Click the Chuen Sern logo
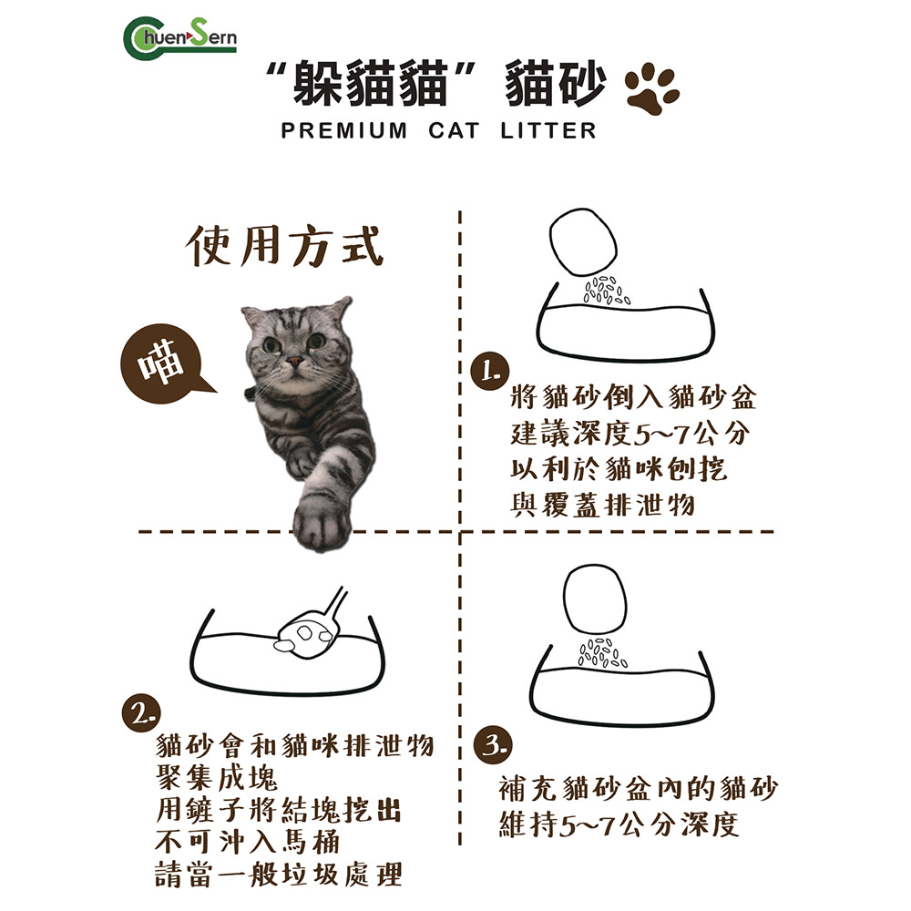179,37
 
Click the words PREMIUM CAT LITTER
439,131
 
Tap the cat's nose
293,363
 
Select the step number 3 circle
492,744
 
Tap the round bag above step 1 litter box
586,242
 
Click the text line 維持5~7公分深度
619,825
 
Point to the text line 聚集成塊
218,778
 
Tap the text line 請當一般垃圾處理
279,875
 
